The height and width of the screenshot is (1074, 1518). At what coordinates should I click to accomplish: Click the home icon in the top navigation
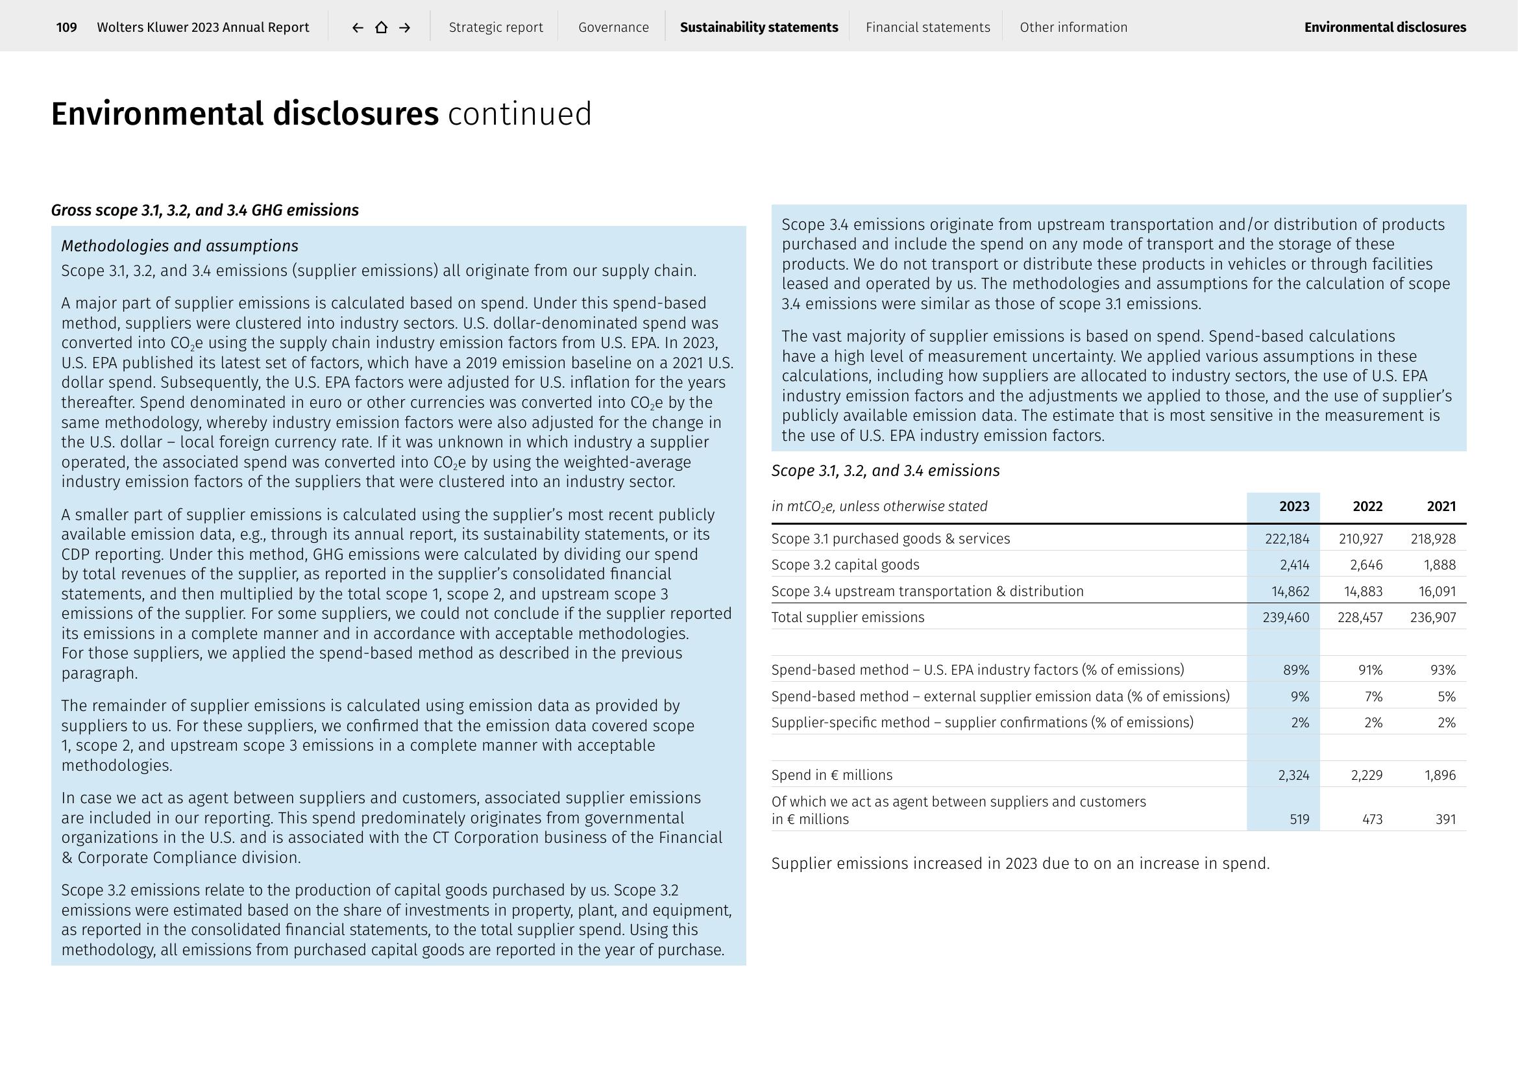pyautogui.click(x=382, y=27)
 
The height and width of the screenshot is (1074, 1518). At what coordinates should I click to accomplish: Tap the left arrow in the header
pyautogui.click(x=358, y=27)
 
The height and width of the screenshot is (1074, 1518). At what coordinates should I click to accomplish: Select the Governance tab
pyautogui.click(x=613, y=27)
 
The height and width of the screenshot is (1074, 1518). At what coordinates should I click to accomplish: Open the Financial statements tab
pyautogui.click(x=927, y=27)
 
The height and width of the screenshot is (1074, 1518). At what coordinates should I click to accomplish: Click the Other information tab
pyautogui.click(x=1073, y=27)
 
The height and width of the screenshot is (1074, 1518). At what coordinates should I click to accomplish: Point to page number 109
pyautogui.click(x=66, y=27)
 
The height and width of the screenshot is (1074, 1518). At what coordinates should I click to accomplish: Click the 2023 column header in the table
pyautogui.click(x=1294, y=506)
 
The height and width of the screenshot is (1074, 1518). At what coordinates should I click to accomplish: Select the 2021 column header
pyautogui.click(x=1441, y=506)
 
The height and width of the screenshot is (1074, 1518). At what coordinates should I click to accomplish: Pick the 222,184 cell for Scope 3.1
pyautogui.click(x=1286, y=539)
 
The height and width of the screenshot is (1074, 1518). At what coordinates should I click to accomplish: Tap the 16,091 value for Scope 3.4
pyautogui.click(x=1437, y=592)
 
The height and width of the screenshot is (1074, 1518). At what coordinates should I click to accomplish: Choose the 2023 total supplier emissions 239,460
pyautogui.click(x=1286, y=618)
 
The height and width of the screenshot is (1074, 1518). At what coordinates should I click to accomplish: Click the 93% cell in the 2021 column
pyautogui.click(x=1442, y=670)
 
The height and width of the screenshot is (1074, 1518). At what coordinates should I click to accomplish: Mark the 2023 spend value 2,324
pyautogui.click(x=1293, y=775)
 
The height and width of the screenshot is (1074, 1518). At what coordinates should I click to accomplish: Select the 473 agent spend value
pyautogui.click(x=1372, y=819)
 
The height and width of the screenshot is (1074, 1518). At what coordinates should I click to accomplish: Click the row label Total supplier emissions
pyautogui.click(x=848, y=618)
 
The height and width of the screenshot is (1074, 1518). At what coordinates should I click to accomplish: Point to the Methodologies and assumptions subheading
pyautogui.click(x=179, y=246)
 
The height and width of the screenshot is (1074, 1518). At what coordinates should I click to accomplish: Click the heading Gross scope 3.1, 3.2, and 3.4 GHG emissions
pyautogui.click(x=204, y=210)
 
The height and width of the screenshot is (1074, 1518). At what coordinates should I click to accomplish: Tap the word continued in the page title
pyautogui.click(x=519, y=114)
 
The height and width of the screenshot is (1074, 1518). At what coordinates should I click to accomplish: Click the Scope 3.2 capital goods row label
pyautogui.click(x=845, y=565)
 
